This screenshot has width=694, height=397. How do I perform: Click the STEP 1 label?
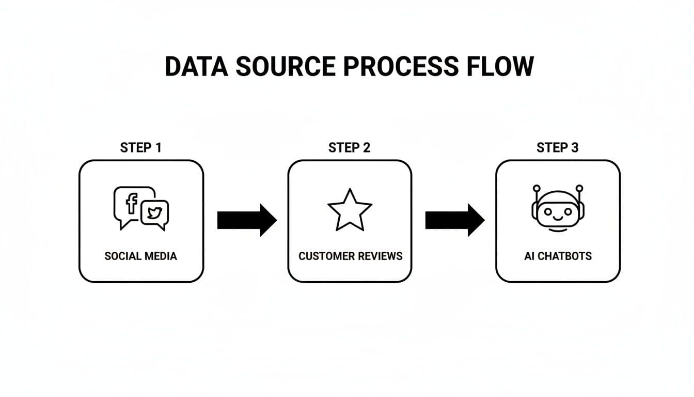(x=141, y=148)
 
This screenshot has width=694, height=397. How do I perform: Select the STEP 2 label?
(x=350, y=148)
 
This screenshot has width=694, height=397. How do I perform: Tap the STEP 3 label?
(x=558, y=148)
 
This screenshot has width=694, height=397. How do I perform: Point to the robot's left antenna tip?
(x=537, y=188)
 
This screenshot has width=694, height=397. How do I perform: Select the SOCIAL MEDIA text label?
(x=141, y=256)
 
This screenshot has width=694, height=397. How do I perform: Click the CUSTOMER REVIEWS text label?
(x=350, y=256)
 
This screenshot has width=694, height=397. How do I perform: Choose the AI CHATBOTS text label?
(x=558, y=256)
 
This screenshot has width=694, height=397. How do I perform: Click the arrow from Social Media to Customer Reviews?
(x=246, y=220)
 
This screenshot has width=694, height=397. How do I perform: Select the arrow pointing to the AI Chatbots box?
(x=454, y=220)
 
